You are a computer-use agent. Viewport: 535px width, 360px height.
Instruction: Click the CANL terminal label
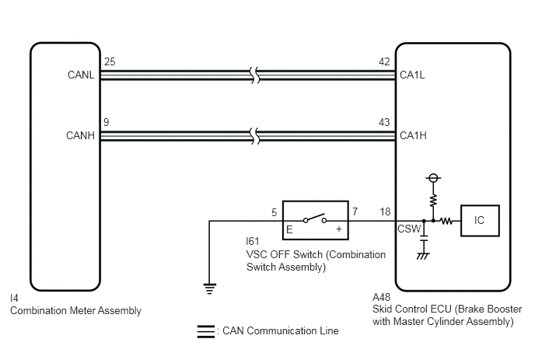tap(81, 75)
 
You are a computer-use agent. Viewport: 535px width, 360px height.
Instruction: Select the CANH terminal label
tap(80, 135)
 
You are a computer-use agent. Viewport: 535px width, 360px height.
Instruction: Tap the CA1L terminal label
tap(412, 75)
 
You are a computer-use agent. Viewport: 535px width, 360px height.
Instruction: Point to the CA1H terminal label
tap(413, 135)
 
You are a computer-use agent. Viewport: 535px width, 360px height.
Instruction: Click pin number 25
tap(110, 61)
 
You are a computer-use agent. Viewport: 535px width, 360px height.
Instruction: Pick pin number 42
tap(384, 61)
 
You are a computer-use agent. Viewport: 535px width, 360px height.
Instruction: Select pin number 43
tap(384, 122)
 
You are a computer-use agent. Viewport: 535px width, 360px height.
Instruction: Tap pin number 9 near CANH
tap(107, 122)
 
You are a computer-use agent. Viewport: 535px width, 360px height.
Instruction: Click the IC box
tap(480, 221)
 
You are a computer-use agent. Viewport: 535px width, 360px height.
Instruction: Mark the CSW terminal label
tap(409, 229)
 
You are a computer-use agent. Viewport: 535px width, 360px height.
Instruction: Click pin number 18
tap(385, 212)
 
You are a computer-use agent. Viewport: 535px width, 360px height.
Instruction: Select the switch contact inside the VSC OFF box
tap(315, 218)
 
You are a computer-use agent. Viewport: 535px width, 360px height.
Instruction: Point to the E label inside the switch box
tap(289, 229)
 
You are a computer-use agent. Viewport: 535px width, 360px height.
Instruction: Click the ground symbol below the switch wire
tap(209, 288)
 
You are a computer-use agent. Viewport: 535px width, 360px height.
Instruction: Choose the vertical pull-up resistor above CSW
tap(433, 201)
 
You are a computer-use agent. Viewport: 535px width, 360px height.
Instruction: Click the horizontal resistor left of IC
tap(446, 221)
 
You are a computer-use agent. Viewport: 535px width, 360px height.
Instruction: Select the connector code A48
tap(382, 297)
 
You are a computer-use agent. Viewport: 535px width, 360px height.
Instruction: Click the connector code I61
tap(253, 241)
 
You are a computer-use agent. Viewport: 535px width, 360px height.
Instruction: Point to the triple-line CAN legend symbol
tap(206, 331)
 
